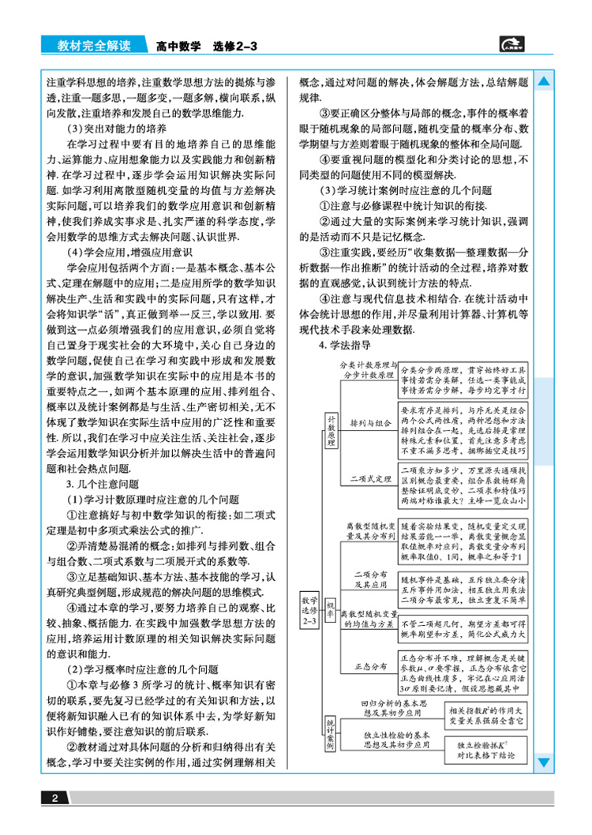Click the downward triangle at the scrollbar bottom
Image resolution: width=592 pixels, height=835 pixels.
click(544, 761)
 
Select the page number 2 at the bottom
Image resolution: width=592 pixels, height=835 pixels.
click(55, 799)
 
